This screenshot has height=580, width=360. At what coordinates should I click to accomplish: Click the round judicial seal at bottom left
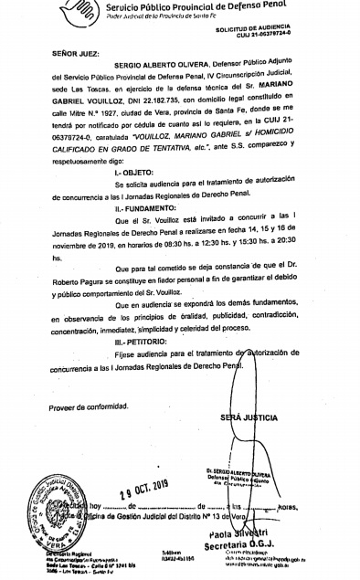[x=57, y=515]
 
